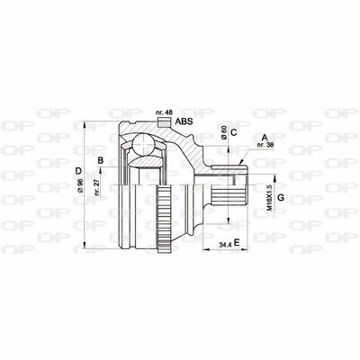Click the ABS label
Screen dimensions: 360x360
point(184,121)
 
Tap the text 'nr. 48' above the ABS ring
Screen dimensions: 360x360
point(164,112)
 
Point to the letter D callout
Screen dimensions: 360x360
point(78,171)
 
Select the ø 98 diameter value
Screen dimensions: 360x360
point(80,186)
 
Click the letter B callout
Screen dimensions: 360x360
point(101,160)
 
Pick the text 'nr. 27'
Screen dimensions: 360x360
point(97,188)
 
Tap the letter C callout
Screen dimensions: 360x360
point(234,132)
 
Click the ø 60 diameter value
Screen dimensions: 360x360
point(223,132)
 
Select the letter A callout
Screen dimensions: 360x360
point(265,138)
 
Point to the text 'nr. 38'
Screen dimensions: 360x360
point(265,144)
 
